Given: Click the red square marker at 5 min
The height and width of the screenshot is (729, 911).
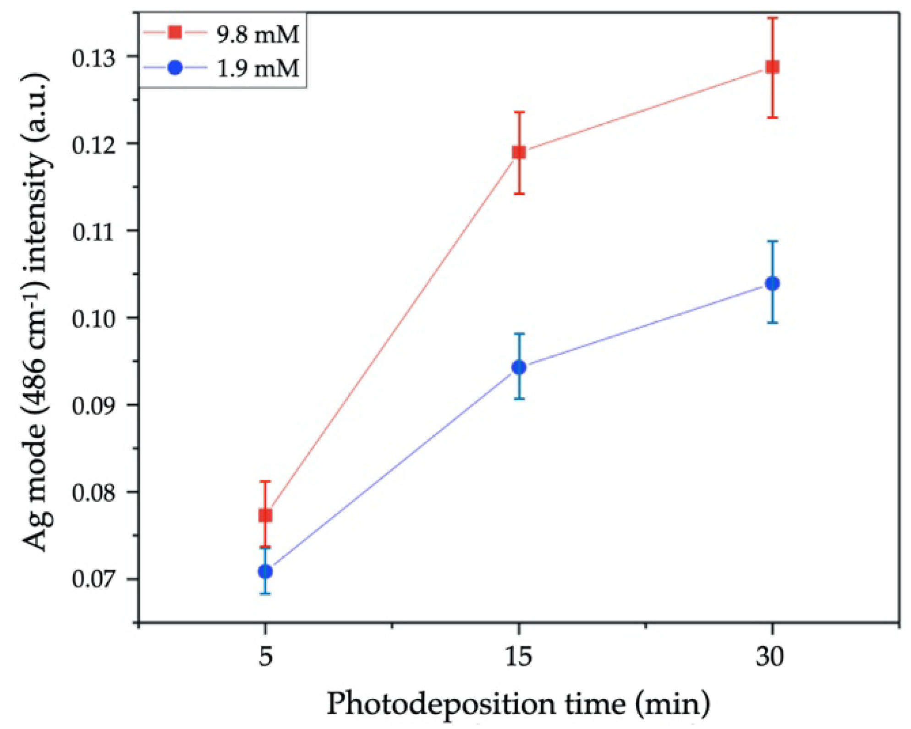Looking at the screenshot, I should pyautogui.click(x=265, y=515).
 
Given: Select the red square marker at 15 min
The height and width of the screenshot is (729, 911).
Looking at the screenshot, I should pyautogui.click(x=519, y=152).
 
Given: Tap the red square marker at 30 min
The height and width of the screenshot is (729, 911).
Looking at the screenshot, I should pyautogui.click(x=773, y=67).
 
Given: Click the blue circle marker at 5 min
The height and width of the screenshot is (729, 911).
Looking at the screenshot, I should pyautogui.click(x=265, y=571).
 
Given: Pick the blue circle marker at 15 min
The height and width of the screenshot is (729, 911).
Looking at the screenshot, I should pyautogui.click(x=519, y=367).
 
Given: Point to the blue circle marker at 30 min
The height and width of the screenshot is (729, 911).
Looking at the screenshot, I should pyautogui.click(x=773, y=284).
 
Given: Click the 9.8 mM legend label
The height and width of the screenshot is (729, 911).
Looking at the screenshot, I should pyautogui.click(x=258, y=34).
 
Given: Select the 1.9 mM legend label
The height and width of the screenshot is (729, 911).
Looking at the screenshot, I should pyautogui.click(x=258, y=68).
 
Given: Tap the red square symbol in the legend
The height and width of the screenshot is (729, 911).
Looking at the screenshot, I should pyautogui.click(x=175, y=32).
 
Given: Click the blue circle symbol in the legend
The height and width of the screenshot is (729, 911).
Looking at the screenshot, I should pyautogui.click(x=175, y=68).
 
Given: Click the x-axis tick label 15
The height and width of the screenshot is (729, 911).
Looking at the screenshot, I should pyautogui.click(x=518, y=656).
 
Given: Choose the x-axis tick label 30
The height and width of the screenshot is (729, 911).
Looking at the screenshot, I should pyautogui.click(x=770, y=656).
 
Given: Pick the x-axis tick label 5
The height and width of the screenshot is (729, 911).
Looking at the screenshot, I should pyautogui.click(x=265, y=656).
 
